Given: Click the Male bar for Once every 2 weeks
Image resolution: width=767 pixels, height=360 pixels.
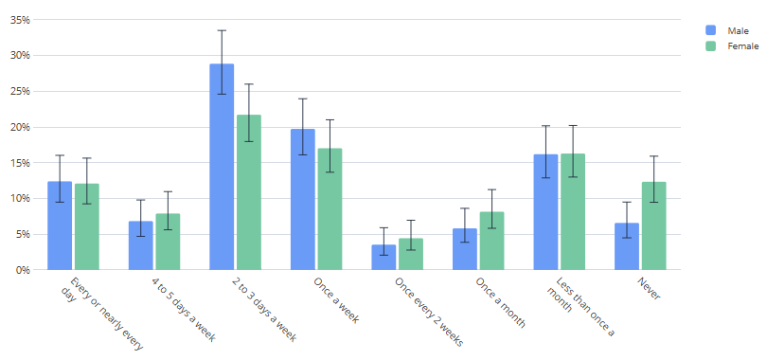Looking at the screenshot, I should click(x=383, y=257).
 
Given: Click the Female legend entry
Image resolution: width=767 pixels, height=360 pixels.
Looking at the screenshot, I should click(x=729, y=45).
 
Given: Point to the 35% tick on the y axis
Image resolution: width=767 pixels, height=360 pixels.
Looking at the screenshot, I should click(x=21, y=20).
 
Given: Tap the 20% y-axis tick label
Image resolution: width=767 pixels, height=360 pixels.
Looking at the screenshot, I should click(x=21, y=127).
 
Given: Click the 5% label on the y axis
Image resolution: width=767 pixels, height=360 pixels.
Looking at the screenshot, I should click(x=24, y=234).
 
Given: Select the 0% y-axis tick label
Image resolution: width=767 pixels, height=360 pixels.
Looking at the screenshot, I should click(x=24, y=270).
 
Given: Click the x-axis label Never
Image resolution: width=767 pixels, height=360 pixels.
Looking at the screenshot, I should click(x=649, y=288).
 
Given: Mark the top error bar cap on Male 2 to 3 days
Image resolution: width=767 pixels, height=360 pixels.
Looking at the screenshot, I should click(x=222, y=30).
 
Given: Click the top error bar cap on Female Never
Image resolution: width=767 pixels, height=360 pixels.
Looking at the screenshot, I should click(x=653, y=156).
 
